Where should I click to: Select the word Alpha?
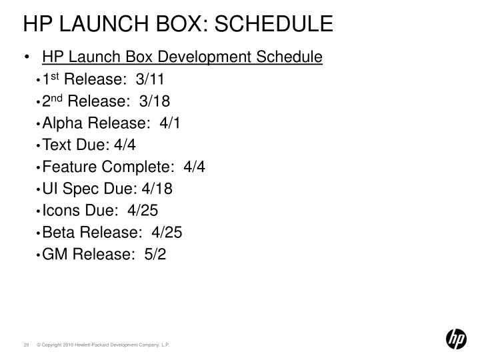(62, 124)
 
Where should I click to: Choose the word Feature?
(69, 167)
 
